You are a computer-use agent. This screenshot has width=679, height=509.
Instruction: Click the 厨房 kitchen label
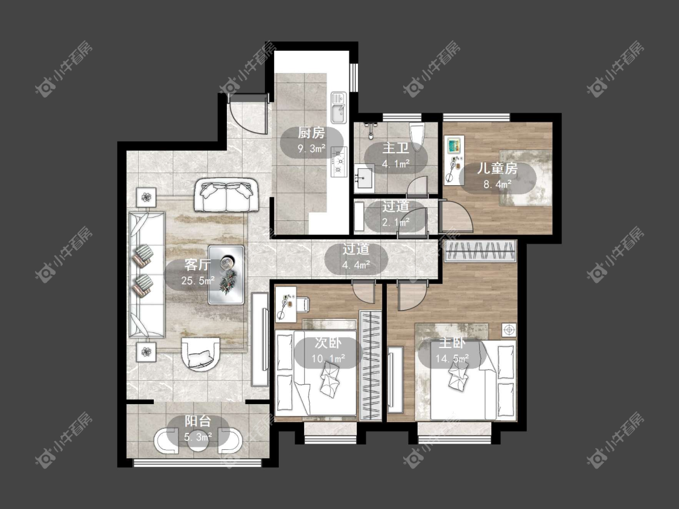click(311, 133)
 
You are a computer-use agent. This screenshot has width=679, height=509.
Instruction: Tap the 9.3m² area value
click(311, 150)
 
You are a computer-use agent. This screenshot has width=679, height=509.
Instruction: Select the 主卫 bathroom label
click(395, 148)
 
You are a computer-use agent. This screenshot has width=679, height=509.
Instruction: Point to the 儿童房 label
click(497, 168)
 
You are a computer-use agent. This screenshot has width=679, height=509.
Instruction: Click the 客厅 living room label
click(197, 265)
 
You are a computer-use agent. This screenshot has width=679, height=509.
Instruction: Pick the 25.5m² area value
click(198, 281)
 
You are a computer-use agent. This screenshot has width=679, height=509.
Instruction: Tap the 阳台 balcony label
click(198, 421)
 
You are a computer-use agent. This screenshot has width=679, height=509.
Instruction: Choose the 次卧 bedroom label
click(328, 343)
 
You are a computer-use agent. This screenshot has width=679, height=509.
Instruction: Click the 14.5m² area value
click(452, 359)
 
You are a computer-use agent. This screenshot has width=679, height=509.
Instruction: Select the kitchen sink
click(338, 107)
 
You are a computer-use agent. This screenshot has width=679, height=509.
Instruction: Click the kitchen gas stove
click(339, 162)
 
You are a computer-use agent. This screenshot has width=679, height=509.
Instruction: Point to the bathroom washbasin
click(364, 178)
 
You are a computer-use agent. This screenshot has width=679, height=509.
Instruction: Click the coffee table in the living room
click(226, 275)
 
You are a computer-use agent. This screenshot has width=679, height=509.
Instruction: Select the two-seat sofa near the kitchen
click(226, 195)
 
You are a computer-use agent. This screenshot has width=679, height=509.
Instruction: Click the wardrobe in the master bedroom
click(480, 251)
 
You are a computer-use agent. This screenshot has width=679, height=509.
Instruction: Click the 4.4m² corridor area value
click(356, 265)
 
